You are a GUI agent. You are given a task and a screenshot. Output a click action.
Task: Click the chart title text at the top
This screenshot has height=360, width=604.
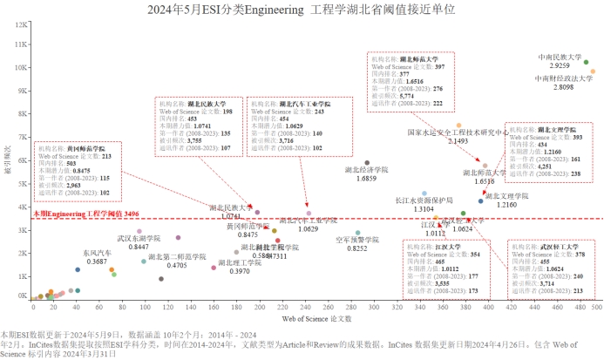(x=302, y=10)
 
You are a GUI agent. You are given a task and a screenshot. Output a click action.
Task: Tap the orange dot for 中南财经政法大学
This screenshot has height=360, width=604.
(x=593, y=72)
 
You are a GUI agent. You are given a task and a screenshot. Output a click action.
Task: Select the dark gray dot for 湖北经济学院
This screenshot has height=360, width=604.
(x=367, y=163)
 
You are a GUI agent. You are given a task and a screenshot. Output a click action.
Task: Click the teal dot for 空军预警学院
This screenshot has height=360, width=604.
(x=357, y=234)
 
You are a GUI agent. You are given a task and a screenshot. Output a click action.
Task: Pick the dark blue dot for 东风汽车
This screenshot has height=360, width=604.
(x=78, y=270)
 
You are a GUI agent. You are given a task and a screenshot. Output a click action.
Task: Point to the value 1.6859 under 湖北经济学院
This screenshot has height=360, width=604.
(x=367, y=179)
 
